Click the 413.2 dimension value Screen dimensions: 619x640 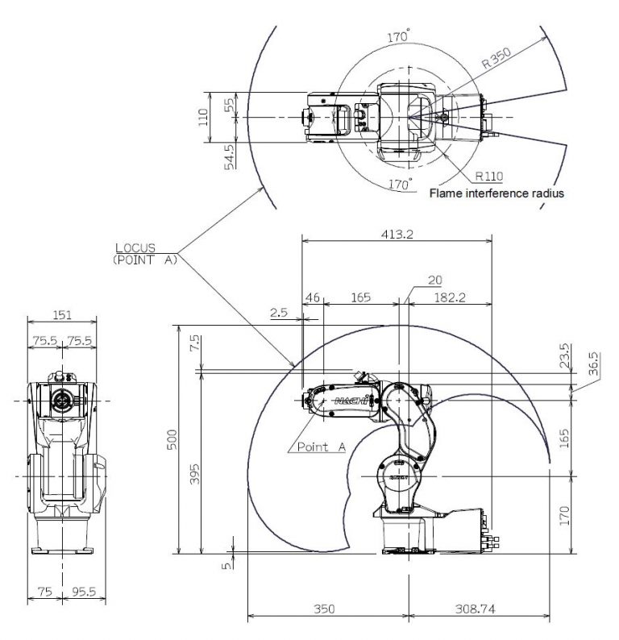pos(397,234)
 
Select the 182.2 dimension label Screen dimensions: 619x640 pos(450,297)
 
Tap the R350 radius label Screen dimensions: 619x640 pos(496,57)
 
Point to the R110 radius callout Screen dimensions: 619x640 pos(489,177)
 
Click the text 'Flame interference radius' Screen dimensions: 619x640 pos(496,193)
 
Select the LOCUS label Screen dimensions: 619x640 pos(135,247)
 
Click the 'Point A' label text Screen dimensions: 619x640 pos(322,447)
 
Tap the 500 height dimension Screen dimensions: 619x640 pos(173,439)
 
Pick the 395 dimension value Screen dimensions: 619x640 pos(196,474)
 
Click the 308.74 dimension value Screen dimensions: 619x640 pos(476,609)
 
